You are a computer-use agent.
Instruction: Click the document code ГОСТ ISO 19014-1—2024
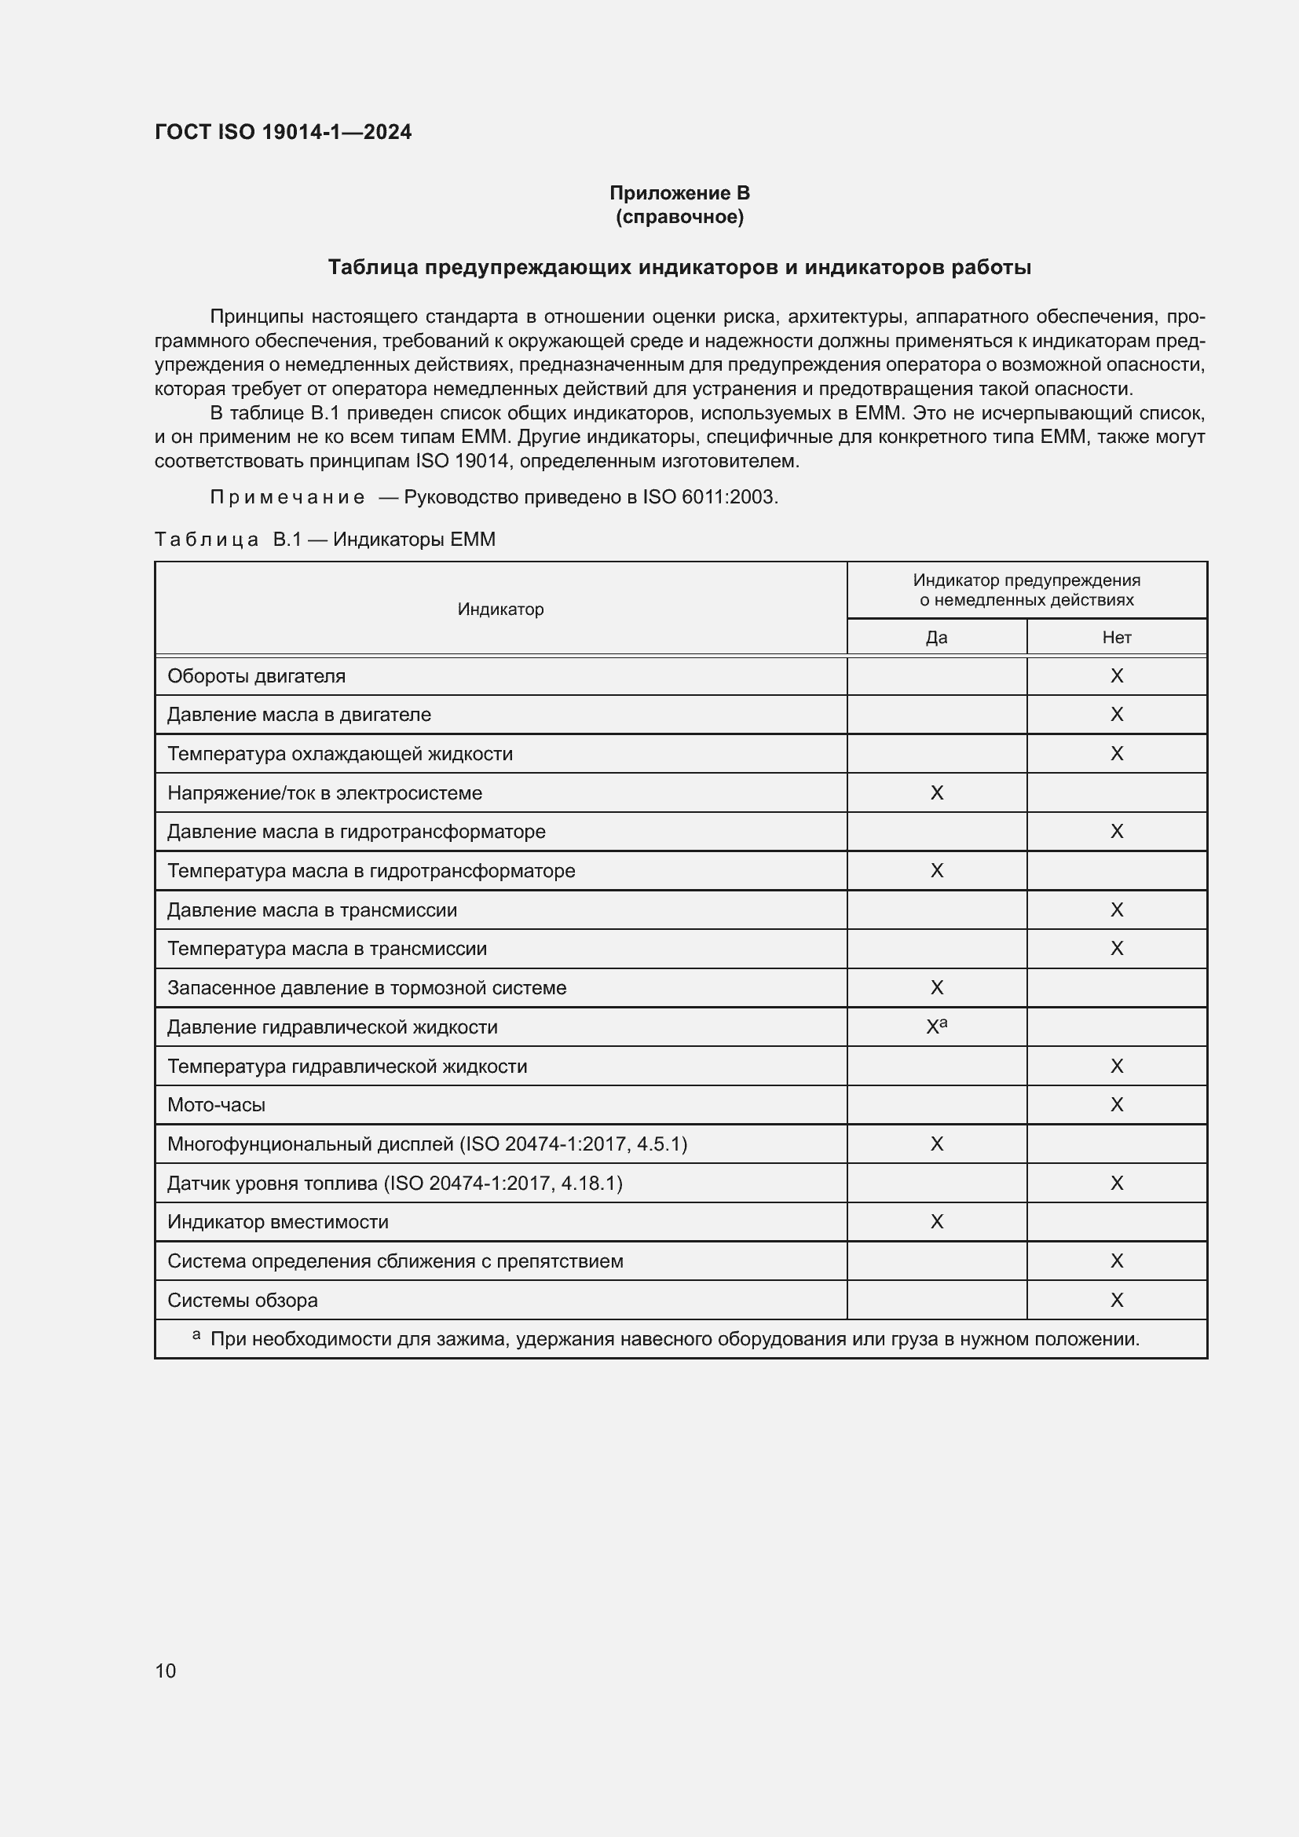pos(284,132)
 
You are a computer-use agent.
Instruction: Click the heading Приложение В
pos(679,193)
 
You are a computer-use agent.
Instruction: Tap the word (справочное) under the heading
pos(679,217)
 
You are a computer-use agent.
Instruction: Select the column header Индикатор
pos(500,609)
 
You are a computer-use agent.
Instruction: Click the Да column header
pos(936,638)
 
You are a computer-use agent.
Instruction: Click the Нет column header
pos(1116,638)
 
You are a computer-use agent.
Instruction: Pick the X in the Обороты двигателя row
pos(1117,676)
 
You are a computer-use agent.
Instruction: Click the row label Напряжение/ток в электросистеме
pos(325,793)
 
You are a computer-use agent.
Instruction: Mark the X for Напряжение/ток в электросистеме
pos(937,793)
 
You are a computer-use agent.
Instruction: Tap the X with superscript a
pos(935,1027)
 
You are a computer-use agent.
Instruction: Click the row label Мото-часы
pos(216,1105)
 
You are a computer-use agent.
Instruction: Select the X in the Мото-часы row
pos(1117,1105)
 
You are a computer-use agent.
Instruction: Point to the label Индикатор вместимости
pos(277,1222)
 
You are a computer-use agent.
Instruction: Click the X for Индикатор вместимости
pos(937,1222)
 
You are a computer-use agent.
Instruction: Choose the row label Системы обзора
pos(243,1300)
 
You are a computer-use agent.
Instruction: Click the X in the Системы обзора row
pos(1117,1300)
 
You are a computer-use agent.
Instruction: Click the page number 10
pos(166,1670)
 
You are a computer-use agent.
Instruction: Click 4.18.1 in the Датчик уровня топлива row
pos(591,1183)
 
